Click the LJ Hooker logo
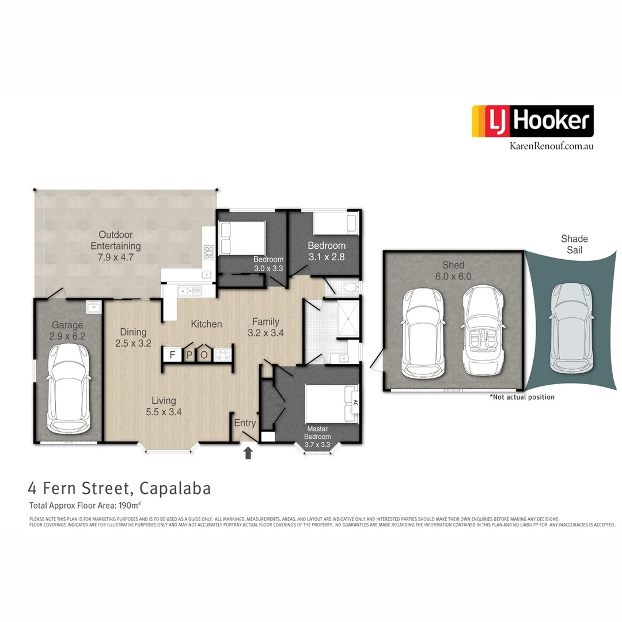click(x=532, y=121)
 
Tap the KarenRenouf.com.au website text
click(x=551, y=146)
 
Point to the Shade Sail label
click(x=574, y=244)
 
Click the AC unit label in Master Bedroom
click(x=355, y=402)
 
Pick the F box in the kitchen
click(x=172, y=355)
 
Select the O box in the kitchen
click(x=204, y=355)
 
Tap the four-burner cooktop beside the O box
click(x=222, y=355)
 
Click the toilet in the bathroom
click(x=350, y=288)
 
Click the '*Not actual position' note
click(x=522, y=397)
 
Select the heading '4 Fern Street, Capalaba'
click(x=119, y=489)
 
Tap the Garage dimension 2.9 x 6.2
click(x=68, y=336)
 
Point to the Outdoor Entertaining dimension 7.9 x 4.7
click(x=115, y=257)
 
